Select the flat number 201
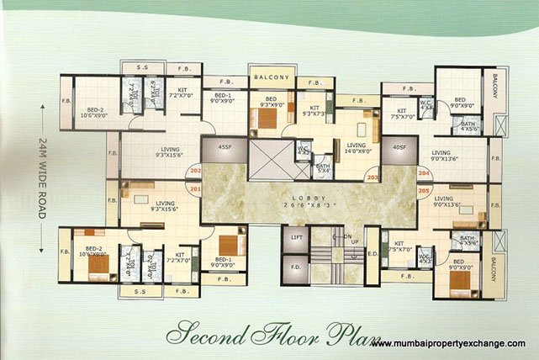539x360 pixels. [x=195, y=190]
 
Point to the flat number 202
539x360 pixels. [x=195, y=172]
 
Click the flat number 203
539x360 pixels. [x=371, y=177]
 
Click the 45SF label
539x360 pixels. [x=225, y=148]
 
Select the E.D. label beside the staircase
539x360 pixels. [x=372, y=252]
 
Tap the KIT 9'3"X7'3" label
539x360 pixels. [x=315, y=112]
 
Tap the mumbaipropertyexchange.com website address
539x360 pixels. [x=448, y=344]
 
